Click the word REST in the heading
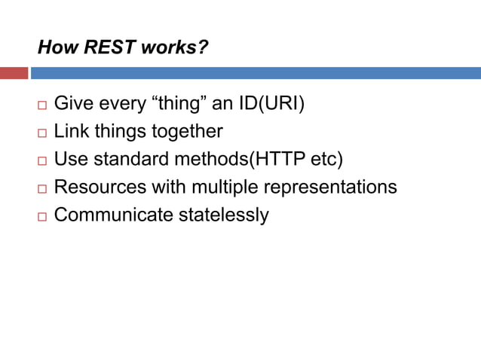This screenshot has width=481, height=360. coord(108,49)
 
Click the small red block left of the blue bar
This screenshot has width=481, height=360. coord(14,73)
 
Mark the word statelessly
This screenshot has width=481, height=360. coord(223,215)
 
